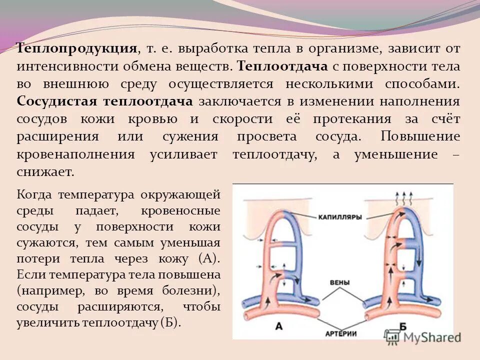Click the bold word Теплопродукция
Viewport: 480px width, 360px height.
77,48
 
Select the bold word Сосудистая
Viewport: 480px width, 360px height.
56,101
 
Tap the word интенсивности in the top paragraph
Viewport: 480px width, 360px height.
66,66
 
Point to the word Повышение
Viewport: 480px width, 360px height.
420,136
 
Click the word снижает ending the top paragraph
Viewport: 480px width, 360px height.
45,172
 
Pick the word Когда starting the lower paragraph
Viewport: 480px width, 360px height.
34,193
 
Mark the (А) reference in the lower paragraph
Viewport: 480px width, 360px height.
208,259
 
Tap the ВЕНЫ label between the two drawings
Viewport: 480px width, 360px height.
340,282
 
